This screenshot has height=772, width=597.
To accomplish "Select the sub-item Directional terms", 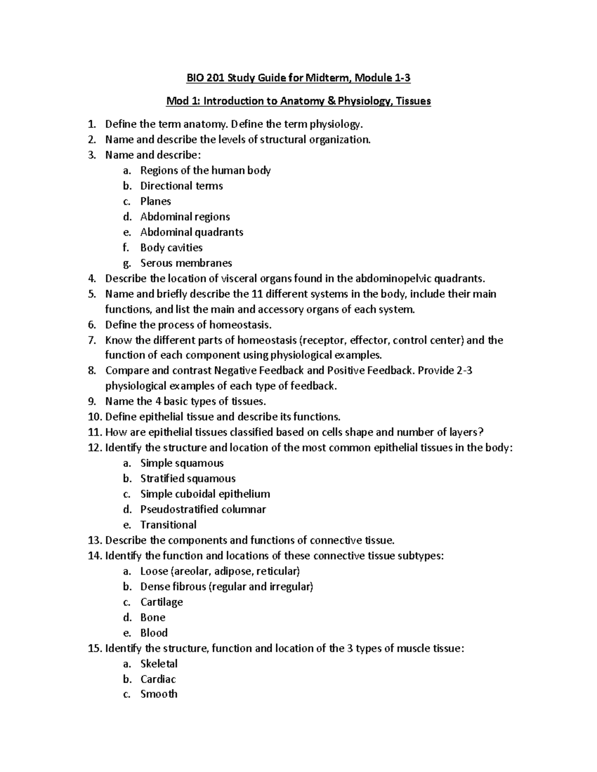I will (181, 186).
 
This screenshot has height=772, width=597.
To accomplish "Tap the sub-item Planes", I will (155, 201).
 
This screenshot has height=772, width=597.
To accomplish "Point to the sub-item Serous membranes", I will (186, 263).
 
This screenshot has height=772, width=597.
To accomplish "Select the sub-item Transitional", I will (168, 525).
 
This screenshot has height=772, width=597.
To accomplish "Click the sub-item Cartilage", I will (161, 602).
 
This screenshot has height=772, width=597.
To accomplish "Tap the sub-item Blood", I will (154, 633).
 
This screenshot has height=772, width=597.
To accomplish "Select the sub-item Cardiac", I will (158, 679).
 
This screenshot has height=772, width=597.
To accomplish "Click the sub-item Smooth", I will (159, 694).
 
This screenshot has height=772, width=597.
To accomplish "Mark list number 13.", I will (94, 540).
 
